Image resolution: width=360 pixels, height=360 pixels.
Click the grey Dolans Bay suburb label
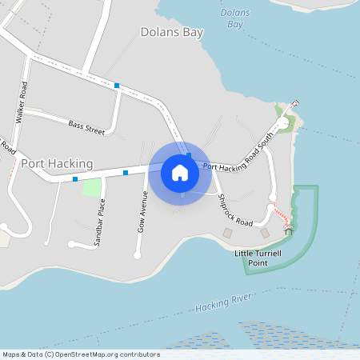171,33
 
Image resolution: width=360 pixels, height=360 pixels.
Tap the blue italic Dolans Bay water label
233,18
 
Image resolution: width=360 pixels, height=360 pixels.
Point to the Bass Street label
86,126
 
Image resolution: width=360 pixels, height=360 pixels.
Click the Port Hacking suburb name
57,163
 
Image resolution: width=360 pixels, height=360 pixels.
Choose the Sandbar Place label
101,224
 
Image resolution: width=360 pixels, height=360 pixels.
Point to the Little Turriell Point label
258,257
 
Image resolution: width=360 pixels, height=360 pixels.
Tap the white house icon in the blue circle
180,172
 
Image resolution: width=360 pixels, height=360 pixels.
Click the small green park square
92,188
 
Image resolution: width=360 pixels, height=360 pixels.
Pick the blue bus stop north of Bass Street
117,86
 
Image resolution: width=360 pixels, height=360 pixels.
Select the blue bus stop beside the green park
75,179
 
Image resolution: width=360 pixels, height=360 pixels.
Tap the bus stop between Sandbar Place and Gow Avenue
126,173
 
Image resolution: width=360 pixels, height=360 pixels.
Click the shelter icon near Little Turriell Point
289,229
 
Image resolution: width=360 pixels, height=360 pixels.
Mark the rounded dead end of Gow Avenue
138,255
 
